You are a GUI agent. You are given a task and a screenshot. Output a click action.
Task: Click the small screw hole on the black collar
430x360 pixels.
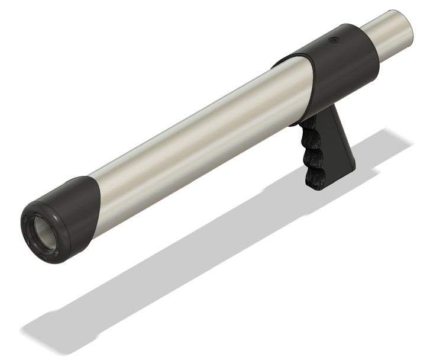tap(332, 41)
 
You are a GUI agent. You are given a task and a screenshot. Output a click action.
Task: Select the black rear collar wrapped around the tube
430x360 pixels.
tap(346, 56)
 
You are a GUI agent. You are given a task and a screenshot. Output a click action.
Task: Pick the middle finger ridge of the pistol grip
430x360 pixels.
tap(312, 155)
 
